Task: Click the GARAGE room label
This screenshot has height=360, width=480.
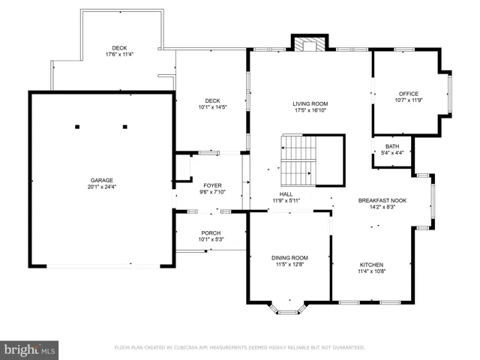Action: pyautogui.click(x=102, y=180)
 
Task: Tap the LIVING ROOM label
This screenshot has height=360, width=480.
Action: pyautogui.click(x=310, y=103)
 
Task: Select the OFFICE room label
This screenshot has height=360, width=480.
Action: pyautogui.click(x=408, y=94)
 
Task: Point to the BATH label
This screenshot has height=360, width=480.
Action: pyautogui.click(x=392, y=146)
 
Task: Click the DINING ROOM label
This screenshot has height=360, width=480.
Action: pyautogui.click(x=289, y=258)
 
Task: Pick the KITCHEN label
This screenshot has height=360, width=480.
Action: pyautogui.click(x=371, y=265)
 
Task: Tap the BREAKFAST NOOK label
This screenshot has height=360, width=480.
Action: pyautogui.click(x=382, y=200)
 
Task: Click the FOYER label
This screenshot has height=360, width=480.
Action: pyautogui.click(x=212, y=185)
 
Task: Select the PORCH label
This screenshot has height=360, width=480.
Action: pyautogui.click(x=211, y=233)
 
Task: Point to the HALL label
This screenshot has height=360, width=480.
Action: pyautogui.click(x=286, y=194)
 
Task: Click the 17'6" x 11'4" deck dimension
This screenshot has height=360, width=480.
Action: pyautogui.click(x=119, y=54)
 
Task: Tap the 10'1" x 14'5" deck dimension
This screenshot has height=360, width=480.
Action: pyautogui.click(x=212, y=107)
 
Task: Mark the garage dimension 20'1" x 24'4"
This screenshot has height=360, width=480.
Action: pyautogui.click(x=102, y=187)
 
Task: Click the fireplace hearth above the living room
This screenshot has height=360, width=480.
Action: pyautogui.click(x=310, y=44)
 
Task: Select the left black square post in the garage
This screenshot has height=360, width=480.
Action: pyautogui.click(x=77, y=127)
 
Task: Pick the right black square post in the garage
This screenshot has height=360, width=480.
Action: pyautogui.click(x=125, y=127)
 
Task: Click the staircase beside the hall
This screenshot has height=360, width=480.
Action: pyautogui.click(x=298, y=160)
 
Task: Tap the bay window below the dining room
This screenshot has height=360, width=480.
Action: pyautogui.click(x=288, y=308)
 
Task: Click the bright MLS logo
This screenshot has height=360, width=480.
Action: pyautogui.click(x=29, y=350)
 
